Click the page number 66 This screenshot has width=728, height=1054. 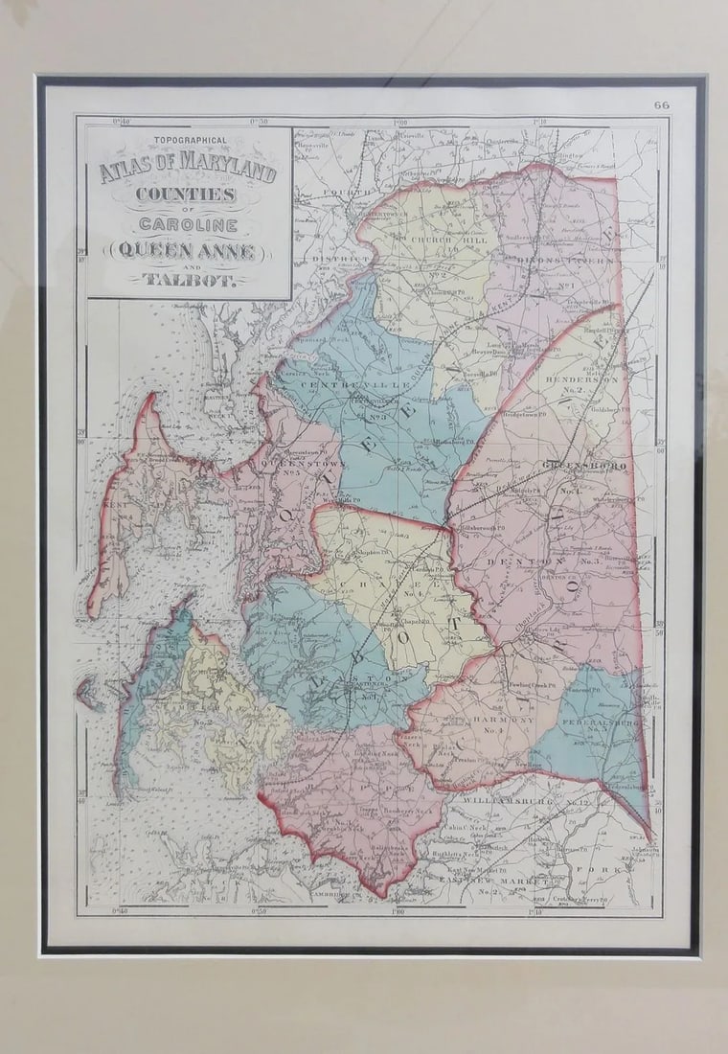[x=662, y=104]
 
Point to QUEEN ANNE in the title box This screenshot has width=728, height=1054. [x=188, y=251]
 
